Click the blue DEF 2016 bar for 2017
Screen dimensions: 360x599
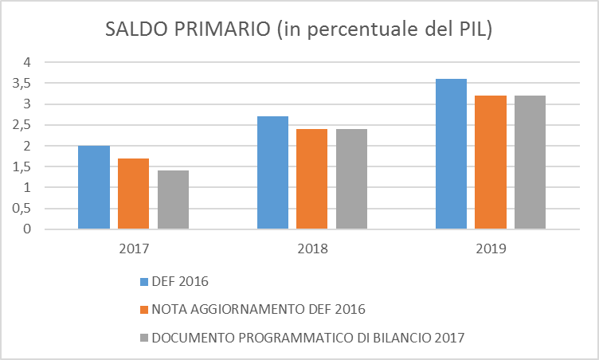click(94, 188)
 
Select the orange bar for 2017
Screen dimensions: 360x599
click(133, 194)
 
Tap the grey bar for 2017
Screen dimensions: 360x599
click(173, 200)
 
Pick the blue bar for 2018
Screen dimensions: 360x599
click(272, 173)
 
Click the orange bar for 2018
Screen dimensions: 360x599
click(311, 179)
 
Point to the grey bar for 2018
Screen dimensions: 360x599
click(351, 179)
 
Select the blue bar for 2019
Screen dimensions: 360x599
click(451, 155)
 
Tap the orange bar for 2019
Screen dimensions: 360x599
click(491, 162)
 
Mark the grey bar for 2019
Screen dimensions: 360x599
click(530, 162)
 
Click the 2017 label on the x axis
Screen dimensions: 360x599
click(133, 248)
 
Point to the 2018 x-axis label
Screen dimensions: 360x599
click(311, 248)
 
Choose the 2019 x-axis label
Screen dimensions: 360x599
click(491, 248)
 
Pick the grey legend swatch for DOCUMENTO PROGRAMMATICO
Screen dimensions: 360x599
click(143, 338)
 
